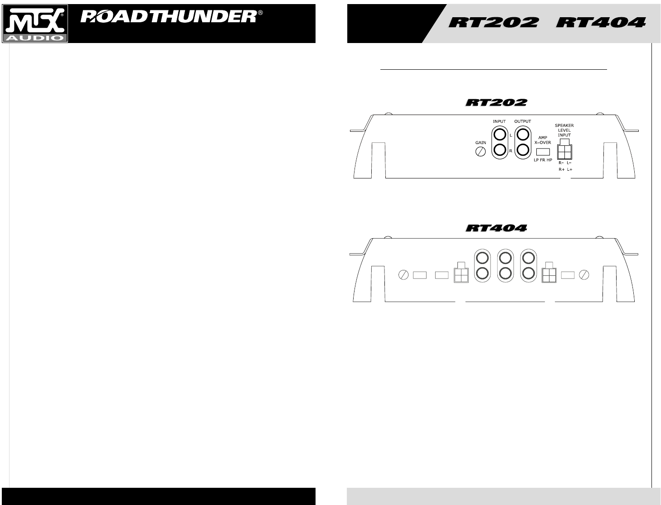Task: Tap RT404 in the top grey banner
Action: pos(601,22)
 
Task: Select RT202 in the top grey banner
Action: pos(494,22)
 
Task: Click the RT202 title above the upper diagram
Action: pos(496,103)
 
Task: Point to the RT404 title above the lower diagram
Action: pos(496,228)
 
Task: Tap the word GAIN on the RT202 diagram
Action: pos(481,143)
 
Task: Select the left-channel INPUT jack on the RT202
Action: pos(499,135)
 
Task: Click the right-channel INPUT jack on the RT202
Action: pos(499,150)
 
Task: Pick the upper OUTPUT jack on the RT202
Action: pos(523,135)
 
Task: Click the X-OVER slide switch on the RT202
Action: pos(543,152)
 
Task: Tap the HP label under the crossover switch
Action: pos(549,160)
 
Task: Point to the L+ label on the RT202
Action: pos(569,169)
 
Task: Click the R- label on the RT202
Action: pos(561,163)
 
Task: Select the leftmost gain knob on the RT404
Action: pos(403,275)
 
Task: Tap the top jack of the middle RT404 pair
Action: pos(505,258)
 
